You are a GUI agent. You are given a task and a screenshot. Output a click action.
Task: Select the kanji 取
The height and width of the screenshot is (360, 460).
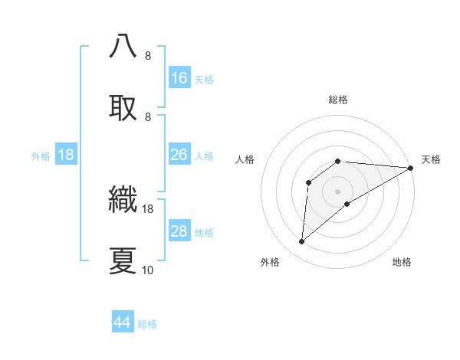tap(123, 106)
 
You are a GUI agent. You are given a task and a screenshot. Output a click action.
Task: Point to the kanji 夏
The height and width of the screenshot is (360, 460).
tap(123, 260)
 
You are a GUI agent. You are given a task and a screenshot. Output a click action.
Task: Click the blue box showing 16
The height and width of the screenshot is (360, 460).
tap(179, 77)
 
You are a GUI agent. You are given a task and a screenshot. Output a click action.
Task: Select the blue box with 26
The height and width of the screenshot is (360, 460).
tap(179, 155)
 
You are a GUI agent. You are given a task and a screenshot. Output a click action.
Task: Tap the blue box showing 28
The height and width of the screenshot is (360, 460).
tap(179, 231)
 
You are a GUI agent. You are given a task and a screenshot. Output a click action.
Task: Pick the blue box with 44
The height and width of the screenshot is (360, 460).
tap(123, 322)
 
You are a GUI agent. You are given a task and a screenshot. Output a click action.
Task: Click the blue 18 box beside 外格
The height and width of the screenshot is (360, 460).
tap(66, 155)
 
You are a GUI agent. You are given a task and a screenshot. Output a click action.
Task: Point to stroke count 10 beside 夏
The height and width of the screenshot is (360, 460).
tap(148, 270)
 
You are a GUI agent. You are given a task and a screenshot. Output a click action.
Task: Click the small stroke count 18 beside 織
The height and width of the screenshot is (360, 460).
tap(148, 208)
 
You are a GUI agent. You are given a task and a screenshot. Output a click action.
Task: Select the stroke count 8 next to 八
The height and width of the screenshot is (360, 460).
tap(148, 55)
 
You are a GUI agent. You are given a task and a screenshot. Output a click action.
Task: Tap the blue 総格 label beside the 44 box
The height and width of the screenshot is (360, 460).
tap(147, 324)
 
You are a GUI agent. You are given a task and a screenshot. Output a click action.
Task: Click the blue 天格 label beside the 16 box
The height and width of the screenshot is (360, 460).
tap(204, 79)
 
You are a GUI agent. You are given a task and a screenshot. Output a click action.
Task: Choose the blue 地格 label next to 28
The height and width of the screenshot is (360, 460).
tap(204, 233)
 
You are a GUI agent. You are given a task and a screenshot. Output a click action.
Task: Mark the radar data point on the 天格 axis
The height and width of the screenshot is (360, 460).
tap(412, 168)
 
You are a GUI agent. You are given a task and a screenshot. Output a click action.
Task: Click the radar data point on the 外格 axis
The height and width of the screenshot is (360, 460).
tap(302, 241)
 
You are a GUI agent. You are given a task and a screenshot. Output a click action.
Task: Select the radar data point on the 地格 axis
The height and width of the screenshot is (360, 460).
tap(347, 203)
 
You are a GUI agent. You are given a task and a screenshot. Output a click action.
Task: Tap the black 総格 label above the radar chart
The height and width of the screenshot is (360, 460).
tap(338, 100)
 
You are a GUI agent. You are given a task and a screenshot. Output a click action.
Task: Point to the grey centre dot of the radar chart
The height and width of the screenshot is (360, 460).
tap(338, 191)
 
